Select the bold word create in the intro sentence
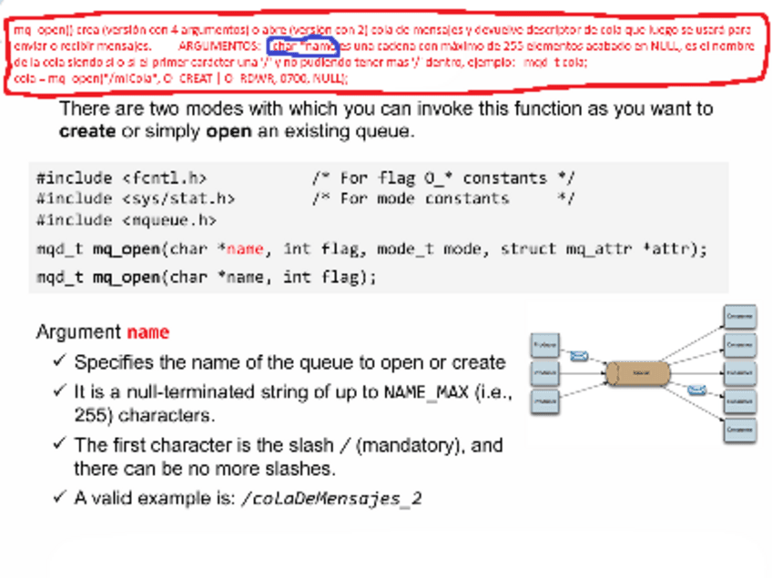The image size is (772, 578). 86,130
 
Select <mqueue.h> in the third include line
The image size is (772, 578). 168,219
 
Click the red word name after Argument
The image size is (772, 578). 147,332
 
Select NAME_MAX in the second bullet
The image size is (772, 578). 426,393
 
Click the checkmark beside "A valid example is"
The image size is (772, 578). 59,497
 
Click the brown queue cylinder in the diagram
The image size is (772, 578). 638,371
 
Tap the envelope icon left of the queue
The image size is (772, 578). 578,356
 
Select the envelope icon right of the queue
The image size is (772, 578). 696,390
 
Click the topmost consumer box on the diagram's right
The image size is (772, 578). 739,317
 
